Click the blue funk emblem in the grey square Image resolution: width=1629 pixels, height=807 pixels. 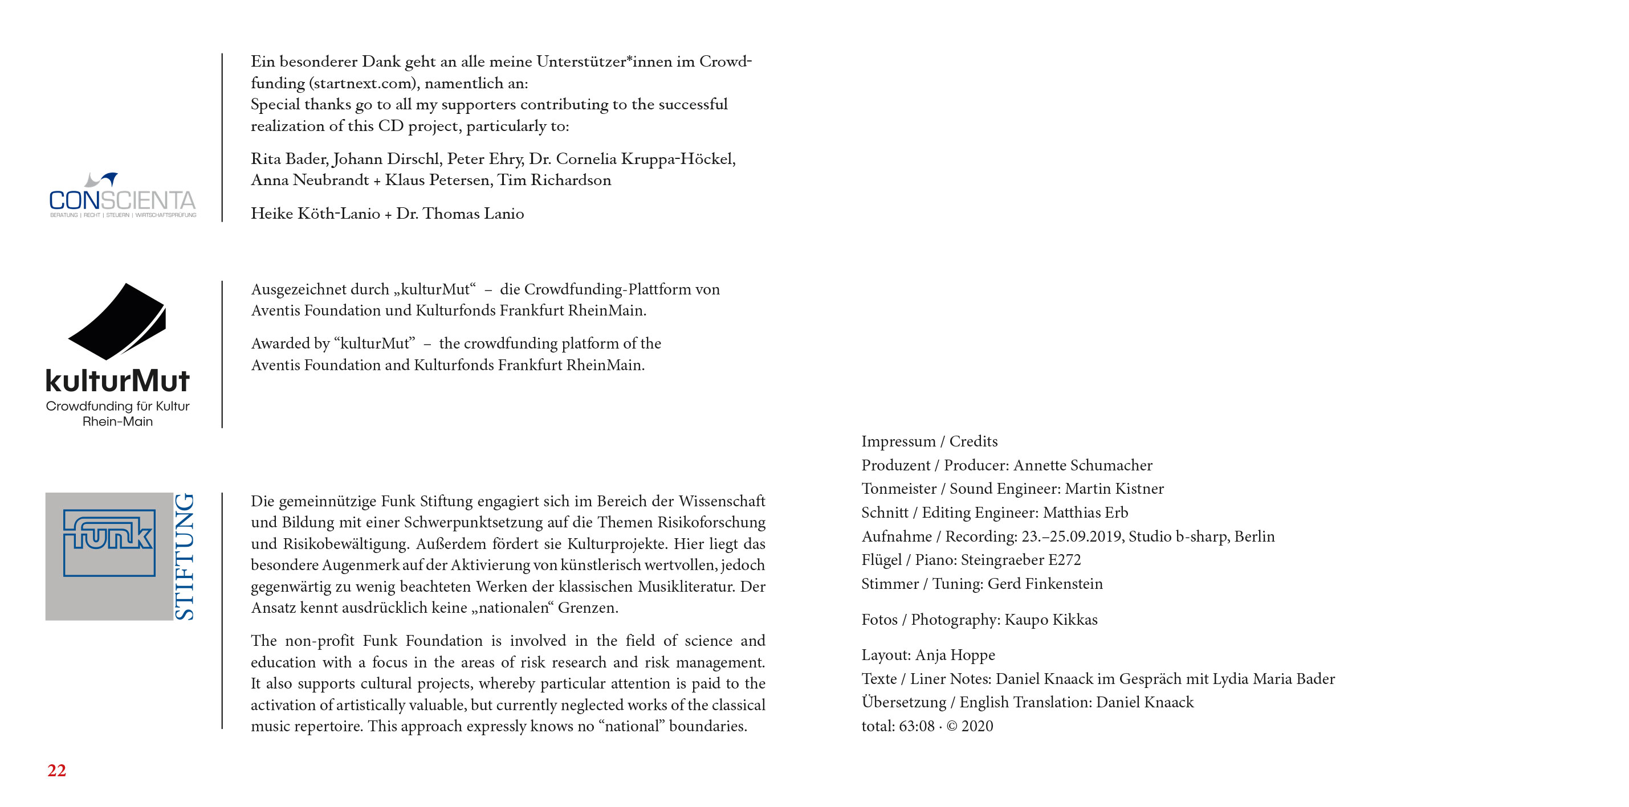tap(109, 542)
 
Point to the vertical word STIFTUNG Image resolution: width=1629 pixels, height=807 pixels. tap(184, 556)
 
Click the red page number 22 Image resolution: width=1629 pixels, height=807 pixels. tap(56, 771)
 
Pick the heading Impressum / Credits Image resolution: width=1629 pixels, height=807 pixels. tap(929, 441)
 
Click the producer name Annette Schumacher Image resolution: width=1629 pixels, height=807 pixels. tap(1082, 465)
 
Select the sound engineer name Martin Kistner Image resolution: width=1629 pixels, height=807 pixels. tap(1114, 489)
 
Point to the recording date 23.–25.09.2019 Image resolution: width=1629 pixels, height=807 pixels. tap(1073, 536)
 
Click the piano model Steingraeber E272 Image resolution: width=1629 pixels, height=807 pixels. tap(1021, 560)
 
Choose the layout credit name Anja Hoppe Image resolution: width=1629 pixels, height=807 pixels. tap(955, 655)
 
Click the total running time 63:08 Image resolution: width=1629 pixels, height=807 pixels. tap(917, 726)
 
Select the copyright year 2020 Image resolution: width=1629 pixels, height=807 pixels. tap(977, 726)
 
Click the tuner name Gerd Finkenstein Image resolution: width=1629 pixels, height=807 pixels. tap(1045, 584)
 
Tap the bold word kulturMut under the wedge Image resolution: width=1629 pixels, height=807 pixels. tap(117, 381)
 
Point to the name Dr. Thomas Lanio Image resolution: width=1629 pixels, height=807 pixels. tap(460, 214)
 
